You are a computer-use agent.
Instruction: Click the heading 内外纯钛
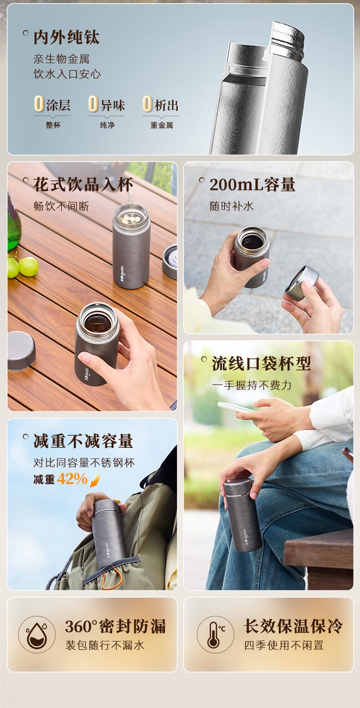[x=67, y=37]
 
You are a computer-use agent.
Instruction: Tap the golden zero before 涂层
[x=39, y=104]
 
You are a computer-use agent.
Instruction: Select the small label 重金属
[x=161, y=125]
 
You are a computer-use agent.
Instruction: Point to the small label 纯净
[x=107, y=125]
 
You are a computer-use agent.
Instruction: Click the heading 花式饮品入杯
[x=83, y=185]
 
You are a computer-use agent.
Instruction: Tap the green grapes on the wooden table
[x=23, y=267]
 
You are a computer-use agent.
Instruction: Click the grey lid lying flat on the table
[x=21, y=351]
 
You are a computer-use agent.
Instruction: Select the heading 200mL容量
[x=252, y=185]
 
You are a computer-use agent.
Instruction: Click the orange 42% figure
[x=72, y=479]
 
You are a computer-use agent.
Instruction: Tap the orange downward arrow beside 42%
[x=95, y=479]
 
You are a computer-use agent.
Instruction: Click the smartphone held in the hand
[x=236, y=407]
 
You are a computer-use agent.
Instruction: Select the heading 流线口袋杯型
[x=262, y=364]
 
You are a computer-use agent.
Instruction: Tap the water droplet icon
[x=36, y=634]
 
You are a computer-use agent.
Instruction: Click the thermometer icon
[x=216, y=634]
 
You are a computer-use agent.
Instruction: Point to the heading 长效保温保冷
[x=293, y=626]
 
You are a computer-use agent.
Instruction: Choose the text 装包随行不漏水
[x=105, y=645]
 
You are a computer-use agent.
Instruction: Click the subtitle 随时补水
[x=231, y=206]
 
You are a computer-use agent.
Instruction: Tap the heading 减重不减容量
[x=83, y=441]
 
